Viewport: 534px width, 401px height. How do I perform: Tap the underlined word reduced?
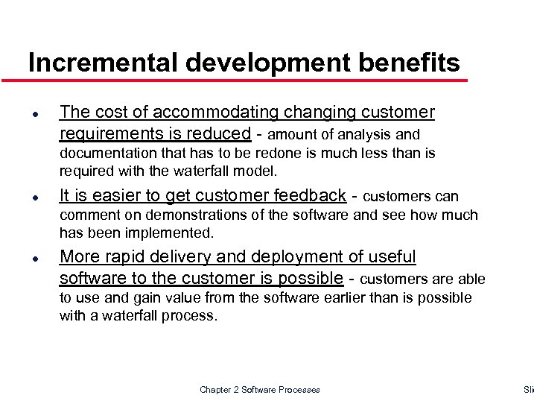click(x=221, y=133)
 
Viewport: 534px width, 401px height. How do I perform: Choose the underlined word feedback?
click(x=309, y=195)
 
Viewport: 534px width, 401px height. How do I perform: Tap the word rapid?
click(x=127, y=257)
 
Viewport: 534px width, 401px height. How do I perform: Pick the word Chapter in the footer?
click(x=216, y=390)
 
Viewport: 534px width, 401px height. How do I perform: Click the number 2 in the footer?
click(x=240, y=390)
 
